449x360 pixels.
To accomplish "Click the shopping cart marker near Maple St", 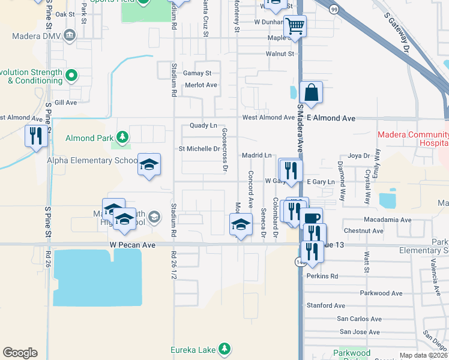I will pos(294,26).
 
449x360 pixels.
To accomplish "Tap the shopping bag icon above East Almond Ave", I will pos(311,93).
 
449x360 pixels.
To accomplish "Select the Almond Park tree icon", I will pos(122,138).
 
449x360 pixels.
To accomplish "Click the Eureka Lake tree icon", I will pos(224,348).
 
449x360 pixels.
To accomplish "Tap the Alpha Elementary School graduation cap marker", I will pos(149,165).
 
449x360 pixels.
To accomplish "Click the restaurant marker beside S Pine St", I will pos(36,136).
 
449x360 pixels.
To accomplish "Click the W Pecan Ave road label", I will pos(133,245).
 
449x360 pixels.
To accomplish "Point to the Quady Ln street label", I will pos(203,125).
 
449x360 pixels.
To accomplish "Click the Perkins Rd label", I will pos(322,277).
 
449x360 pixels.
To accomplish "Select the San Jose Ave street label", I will pos(360,332).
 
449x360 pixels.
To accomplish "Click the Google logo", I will pos(20,353).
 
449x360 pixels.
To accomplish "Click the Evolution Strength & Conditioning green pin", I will pos(71,76).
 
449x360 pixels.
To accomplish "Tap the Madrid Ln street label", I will pos(257,155).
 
